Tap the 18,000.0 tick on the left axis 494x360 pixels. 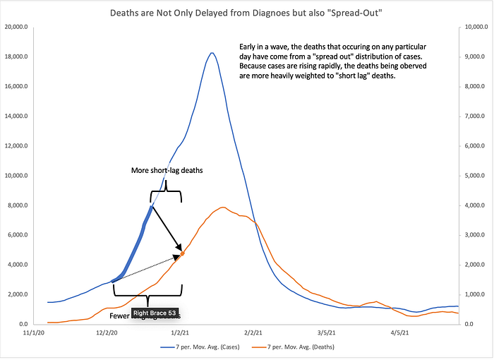[x=23, y=57]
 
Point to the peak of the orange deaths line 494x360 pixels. [x=223, y=208]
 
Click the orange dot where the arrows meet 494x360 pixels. [x=183, y=253]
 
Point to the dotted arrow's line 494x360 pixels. [x=147, y=268]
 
